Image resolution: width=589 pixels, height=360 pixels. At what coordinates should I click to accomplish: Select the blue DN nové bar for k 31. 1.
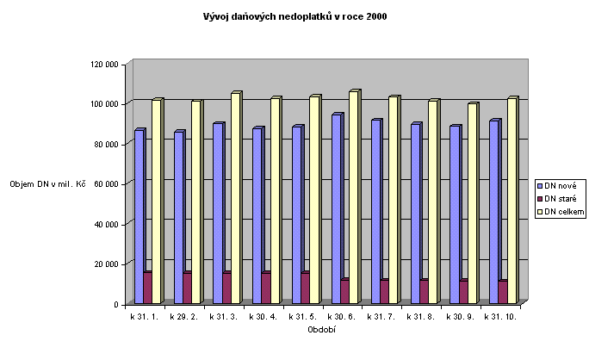click(139, 215)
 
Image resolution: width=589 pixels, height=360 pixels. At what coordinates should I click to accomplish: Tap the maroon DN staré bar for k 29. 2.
click(187, 288)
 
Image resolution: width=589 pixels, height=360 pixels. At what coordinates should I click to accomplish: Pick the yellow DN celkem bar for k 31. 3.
click(235, 198)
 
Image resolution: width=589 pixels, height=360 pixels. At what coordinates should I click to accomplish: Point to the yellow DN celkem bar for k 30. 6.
click(353, 197)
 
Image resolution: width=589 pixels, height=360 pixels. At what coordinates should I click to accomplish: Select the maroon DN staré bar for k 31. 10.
click(502, 292)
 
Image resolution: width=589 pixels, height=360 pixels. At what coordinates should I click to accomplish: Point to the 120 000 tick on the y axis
click(105, 64)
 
